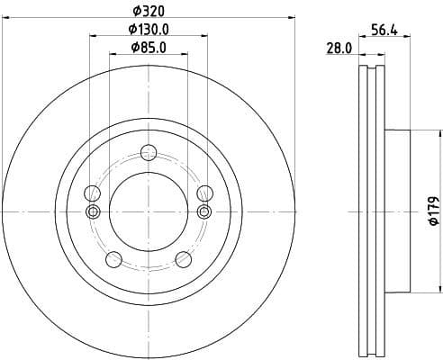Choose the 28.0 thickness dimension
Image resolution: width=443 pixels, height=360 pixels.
coord(339,50)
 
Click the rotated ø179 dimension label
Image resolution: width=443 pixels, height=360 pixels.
coord(433,211)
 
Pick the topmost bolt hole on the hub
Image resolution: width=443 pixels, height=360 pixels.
coord(148,152)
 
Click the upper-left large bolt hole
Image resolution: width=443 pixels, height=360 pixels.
coord(92,193)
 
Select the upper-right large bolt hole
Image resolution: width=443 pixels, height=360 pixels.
coord(204,193)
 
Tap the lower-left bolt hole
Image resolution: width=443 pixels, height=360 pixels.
coord(113,259)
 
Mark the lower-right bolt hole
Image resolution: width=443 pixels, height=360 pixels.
coord(183,259)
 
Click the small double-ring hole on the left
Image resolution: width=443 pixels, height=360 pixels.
coord(92,211)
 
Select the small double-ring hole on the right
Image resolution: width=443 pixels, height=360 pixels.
coord(204,211)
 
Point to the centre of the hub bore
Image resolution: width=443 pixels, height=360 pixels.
coord(148,211)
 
